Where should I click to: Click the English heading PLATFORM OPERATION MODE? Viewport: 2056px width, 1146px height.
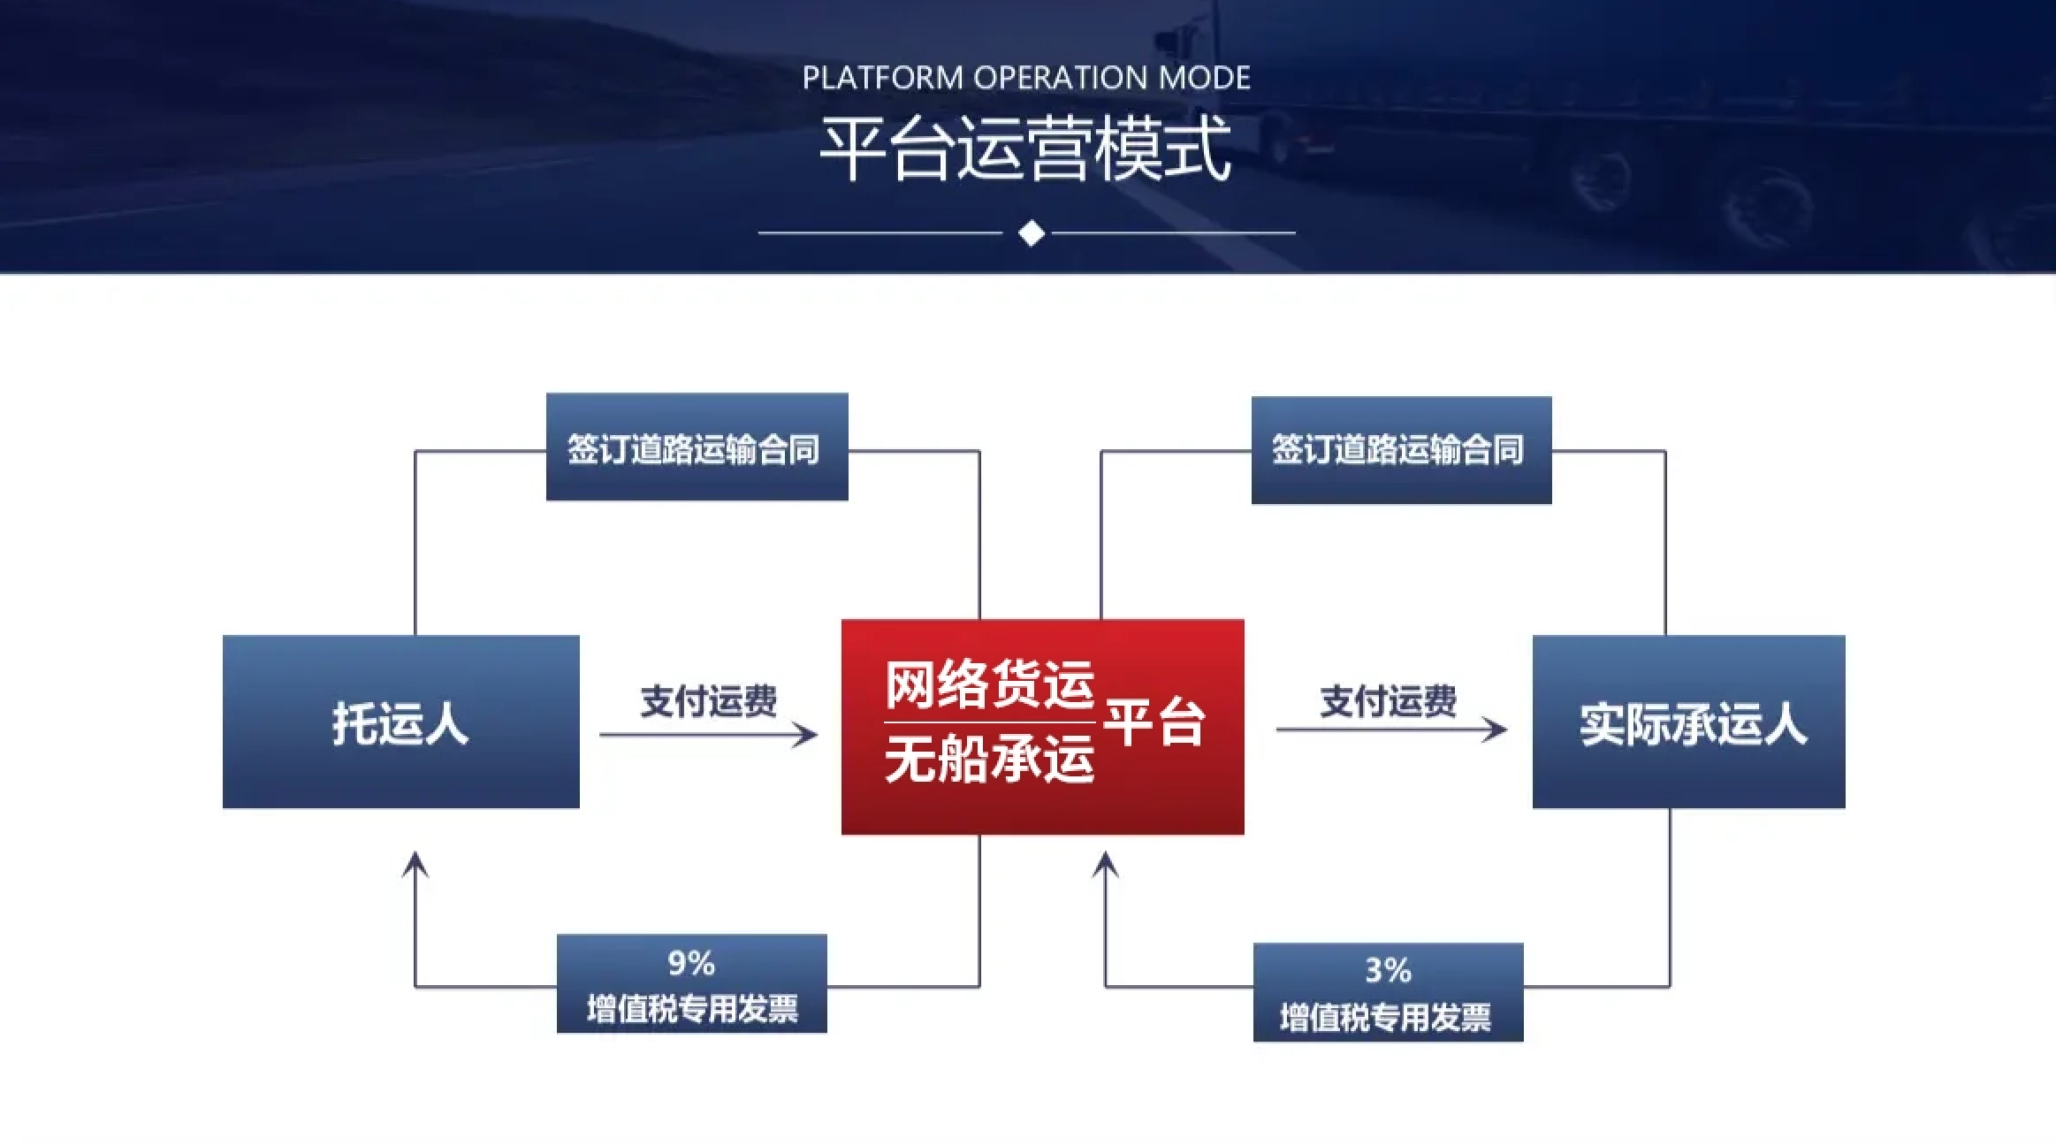tap(1026, 78)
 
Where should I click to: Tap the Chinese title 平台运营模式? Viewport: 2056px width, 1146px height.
tap(1026, 149)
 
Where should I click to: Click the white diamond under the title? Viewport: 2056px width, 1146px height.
tap(1032, 233)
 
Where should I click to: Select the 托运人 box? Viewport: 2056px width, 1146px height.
tap(401, 722)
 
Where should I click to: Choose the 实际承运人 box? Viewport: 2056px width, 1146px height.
tap(1688, 722)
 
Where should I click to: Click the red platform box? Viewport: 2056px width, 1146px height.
tap(1043, 727)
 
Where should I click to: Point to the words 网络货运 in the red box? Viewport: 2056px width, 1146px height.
tap(990, 685)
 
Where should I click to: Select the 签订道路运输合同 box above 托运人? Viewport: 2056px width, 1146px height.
tap(697, 447)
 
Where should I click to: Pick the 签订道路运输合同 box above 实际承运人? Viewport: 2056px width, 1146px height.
tap(1402, 450)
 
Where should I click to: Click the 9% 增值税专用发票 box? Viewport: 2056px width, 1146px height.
tap(692, 983)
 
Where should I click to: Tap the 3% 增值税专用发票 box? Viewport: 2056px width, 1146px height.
tap(1389, 992)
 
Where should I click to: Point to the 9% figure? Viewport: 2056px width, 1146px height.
tap(691, 963)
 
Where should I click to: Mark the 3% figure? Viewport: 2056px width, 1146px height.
tap(1388, 971)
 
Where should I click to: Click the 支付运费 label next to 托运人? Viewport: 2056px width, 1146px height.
tap(709, 701)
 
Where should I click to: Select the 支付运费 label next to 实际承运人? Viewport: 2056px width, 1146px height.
tap(1389, 701)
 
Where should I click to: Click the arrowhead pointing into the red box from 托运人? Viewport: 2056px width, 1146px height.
tap(804, 734)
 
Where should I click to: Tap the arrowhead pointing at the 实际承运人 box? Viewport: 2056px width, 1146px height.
tap(1494, 730)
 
